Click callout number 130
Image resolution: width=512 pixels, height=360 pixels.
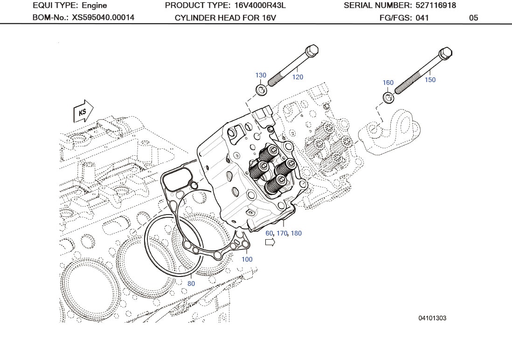[x=261, y=75]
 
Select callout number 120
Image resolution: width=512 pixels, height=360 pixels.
[x=298, y=77]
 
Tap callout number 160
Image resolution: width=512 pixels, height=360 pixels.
[x=388, y=83]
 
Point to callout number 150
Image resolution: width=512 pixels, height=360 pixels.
[x=430, y=80]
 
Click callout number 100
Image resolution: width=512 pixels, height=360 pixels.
[x=247, y=259]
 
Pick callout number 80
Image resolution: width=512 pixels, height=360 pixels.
[x=191, y=284]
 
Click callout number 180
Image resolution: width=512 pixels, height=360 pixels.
[x=296, y=233]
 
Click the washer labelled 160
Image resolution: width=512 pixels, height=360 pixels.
[x=388, y=97]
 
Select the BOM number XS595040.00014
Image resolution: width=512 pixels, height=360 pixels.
[x=103, y=18]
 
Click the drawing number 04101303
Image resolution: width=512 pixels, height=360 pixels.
[x=432, y=318]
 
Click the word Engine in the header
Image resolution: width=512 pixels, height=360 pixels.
[x=94, y=6]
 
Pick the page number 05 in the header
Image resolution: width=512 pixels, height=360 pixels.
[x=473, y=18]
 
